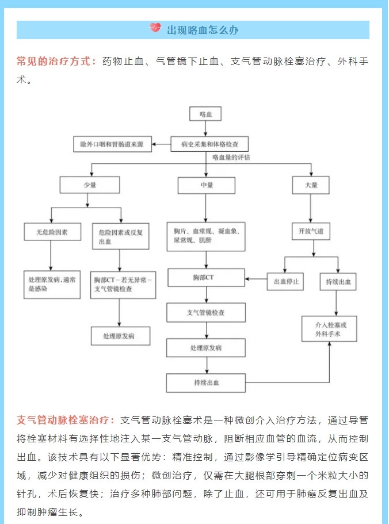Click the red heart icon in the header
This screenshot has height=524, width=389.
(155, 28)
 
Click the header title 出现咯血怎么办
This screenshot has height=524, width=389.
(203, 30)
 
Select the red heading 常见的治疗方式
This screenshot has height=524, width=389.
(54, 62)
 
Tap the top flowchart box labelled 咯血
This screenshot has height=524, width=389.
(205, 114)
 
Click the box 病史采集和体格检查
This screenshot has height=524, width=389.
(209, 144)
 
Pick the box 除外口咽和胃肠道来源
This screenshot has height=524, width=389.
(113, 144)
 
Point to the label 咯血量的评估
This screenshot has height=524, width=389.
(231, 158)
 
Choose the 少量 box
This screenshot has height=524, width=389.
(90, 185)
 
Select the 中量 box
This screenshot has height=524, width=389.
(207, 185)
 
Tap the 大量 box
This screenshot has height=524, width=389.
(311, 185)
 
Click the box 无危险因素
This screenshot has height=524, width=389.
(52, 232)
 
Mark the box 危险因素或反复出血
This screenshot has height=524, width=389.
(121, 236)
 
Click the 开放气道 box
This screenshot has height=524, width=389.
(311, 231)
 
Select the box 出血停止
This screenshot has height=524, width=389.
(285, 282)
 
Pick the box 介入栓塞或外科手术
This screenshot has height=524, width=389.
(329, 329)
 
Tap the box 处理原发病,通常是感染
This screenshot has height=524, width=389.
(52, 284)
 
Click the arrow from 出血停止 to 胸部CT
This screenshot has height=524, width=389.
(256, 279)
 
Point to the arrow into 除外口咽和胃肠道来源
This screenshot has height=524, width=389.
(162, 144)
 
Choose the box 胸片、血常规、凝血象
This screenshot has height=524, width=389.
(206, 236)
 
